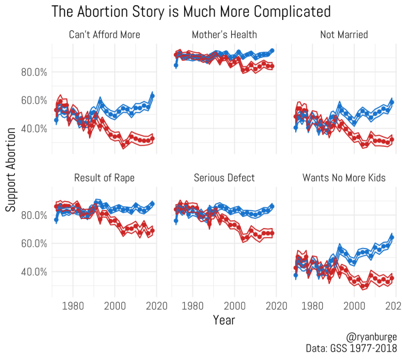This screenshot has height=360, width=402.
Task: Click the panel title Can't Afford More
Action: pos(104,34)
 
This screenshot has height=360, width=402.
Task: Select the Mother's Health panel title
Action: pos(224,34)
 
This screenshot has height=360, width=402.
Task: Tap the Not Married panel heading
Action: pos(343,34)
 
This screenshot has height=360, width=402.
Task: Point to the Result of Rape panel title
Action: pos(104,177)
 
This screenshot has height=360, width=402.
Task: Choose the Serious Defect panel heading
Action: pos(224,177)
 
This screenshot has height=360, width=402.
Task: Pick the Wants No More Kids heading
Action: pos(343,177)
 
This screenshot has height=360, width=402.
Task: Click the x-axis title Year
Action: pos(224,319)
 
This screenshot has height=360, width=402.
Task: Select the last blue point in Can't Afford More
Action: pos(152,95)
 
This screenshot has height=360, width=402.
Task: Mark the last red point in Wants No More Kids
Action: pos(392,278)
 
